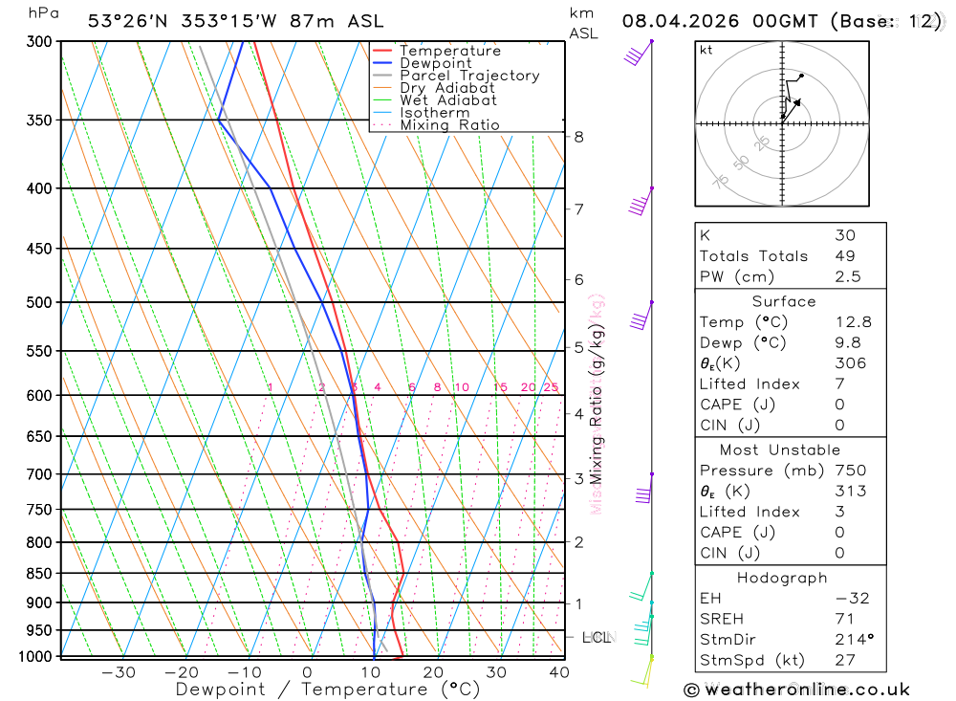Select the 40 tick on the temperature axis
558,672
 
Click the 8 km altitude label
579,137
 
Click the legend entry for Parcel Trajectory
469,76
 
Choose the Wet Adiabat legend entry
448,100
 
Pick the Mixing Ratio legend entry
449,125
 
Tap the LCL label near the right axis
597,637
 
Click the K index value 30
845,235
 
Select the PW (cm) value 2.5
848,276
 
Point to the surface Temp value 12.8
853,322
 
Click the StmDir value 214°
853,640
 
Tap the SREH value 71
844,619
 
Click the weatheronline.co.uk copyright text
797,690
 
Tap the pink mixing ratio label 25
551,387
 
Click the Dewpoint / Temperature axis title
328,690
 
